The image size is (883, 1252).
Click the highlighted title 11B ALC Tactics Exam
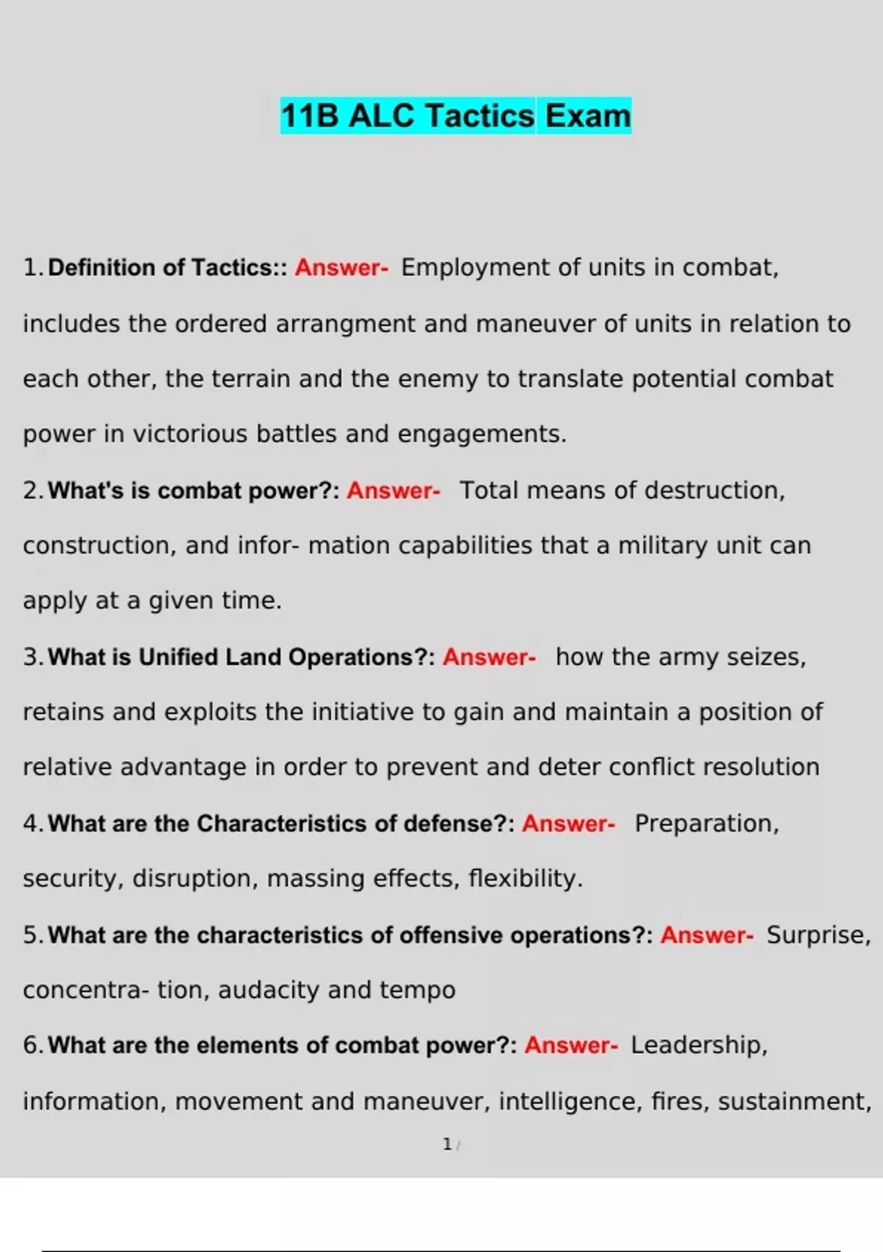(x=455, y=116)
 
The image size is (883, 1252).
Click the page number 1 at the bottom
(x=447, y=1144)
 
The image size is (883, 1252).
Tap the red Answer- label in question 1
(x=341, y=267)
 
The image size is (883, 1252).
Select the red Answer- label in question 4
(x=568, y=823)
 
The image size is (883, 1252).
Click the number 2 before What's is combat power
(x=30, y=490)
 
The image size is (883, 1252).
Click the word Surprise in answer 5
(x=818, y=935)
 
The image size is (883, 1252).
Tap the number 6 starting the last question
(x=30, y=1045)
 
